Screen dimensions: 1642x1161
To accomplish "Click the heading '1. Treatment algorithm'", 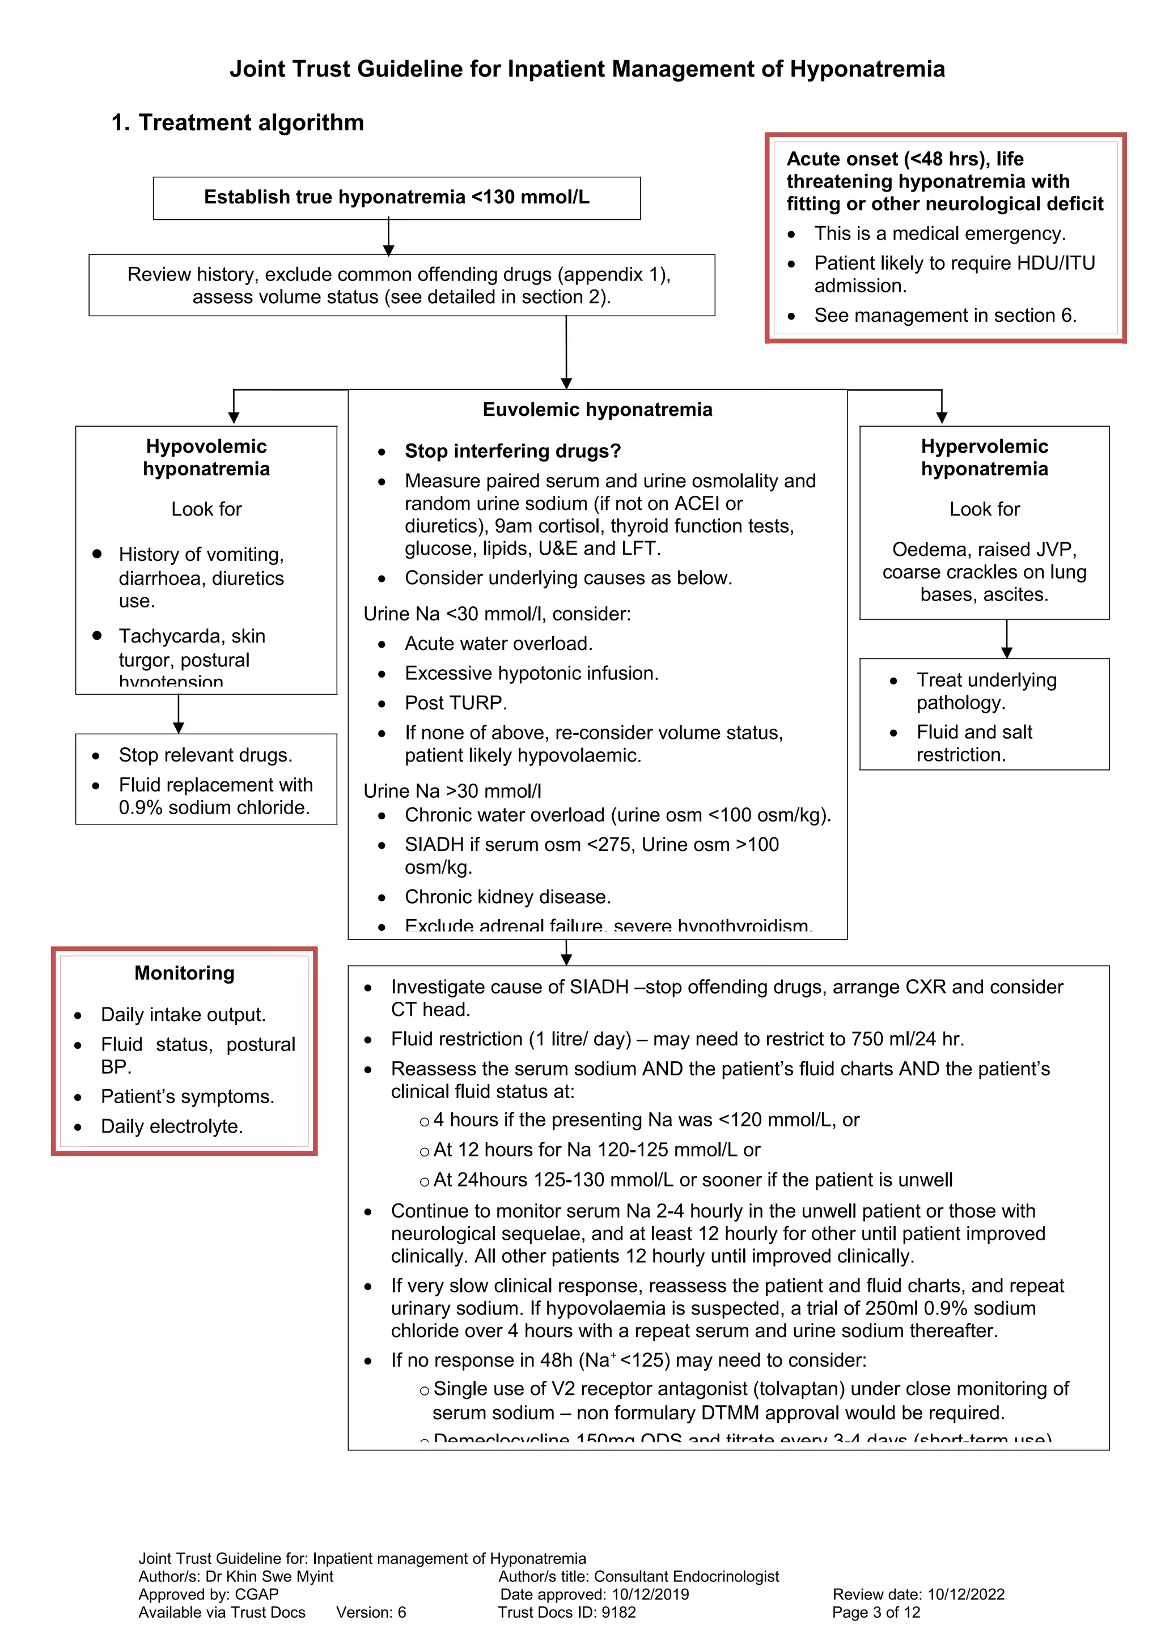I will coord(238,122).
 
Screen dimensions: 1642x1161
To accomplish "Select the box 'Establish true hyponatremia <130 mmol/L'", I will coord(396,197).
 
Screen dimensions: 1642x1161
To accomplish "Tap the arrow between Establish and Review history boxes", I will coord(388,237).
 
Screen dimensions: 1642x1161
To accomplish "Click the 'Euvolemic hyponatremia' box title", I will coord(598,410).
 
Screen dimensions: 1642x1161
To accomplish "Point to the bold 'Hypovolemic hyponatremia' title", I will coord(206,458).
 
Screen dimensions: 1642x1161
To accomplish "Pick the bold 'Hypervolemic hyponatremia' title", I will coord(984,458).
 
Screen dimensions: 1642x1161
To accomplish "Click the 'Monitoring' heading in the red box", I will coord(185,973).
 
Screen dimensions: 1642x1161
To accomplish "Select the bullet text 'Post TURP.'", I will coord(456,703).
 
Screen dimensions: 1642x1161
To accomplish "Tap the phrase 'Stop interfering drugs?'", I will coord(512,451).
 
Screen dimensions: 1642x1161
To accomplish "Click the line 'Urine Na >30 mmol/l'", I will coord(452,791).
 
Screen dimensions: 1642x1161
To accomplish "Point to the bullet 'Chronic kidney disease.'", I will coord(507,897).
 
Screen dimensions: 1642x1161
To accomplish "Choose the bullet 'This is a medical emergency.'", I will coord(939,234).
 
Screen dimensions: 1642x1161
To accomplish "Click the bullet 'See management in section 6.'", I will coord(945,316).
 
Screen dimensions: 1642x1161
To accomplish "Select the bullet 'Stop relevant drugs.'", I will coord(205,755).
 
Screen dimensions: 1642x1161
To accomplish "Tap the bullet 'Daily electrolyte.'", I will coord(172,1126).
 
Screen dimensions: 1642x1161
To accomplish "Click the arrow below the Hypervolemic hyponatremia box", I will coord(1006,639).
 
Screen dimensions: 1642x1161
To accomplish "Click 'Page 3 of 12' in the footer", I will coord(876,1612).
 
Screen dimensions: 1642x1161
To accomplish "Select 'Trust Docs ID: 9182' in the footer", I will coord(566,1612).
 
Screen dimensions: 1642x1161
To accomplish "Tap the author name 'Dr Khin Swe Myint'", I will coord(269,1576).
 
